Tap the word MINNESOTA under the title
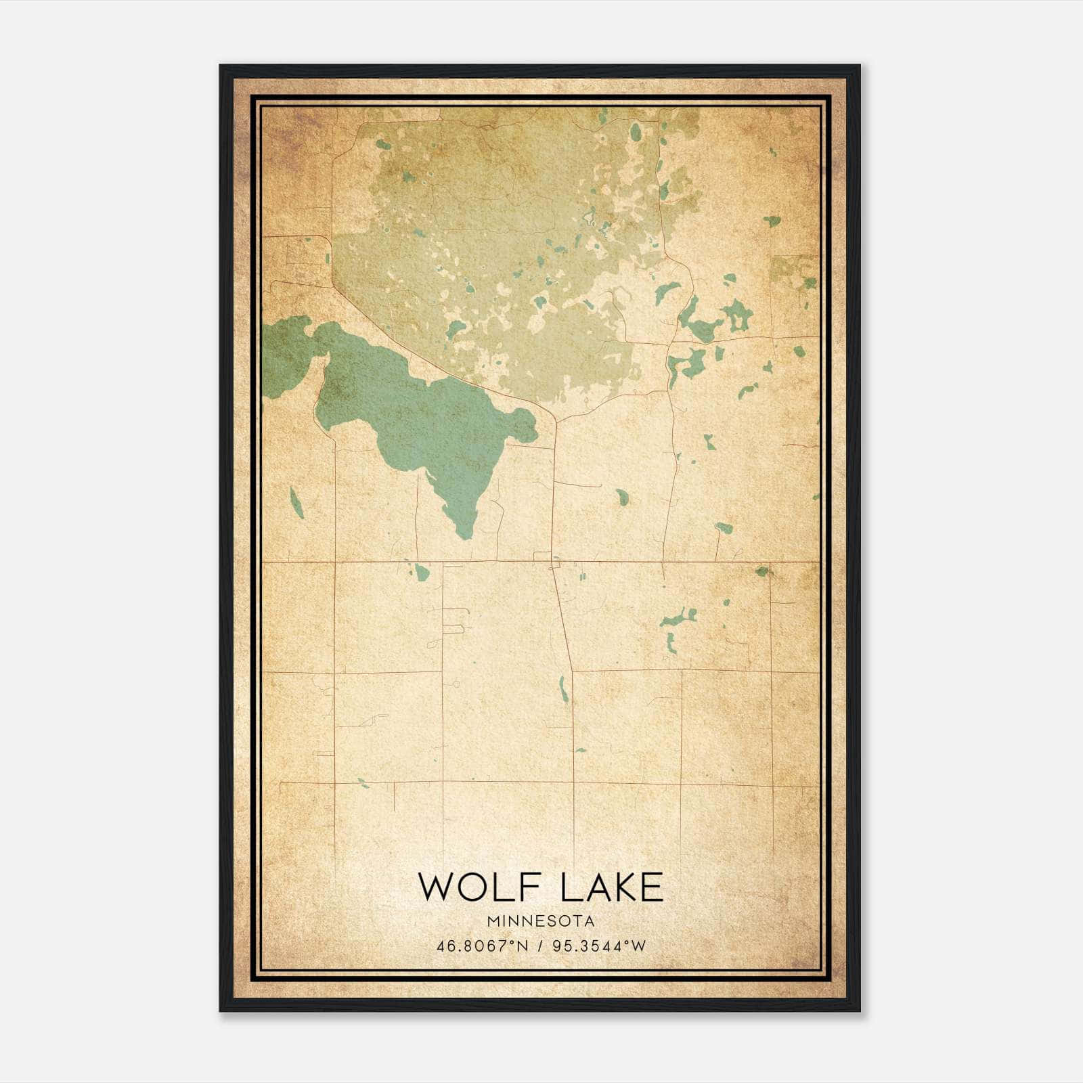(540, 921)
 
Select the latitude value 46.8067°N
(481, 946)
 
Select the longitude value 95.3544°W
(599, 946)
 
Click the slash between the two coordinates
(539, 946)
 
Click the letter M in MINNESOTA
(491, 921)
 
